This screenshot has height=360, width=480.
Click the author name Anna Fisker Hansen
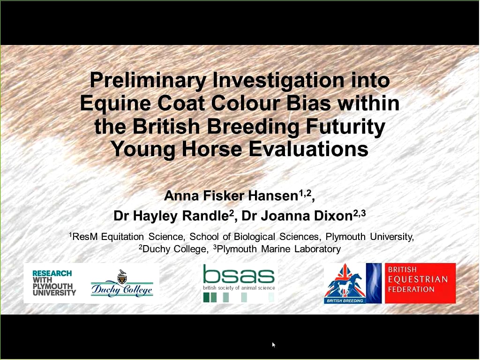click(231, 196)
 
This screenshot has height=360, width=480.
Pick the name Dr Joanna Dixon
click(297, 216)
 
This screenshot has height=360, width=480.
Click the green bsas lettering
click(239, 274)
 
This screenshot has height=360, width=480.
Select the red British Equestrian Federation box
click(420, 283)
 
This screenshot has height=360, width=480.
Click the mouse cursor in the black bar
click(273, 345)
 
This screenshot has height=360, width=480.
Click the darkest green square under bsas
click(206, 297)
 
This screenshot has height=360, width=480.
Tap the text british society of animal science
click(239, 288)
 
